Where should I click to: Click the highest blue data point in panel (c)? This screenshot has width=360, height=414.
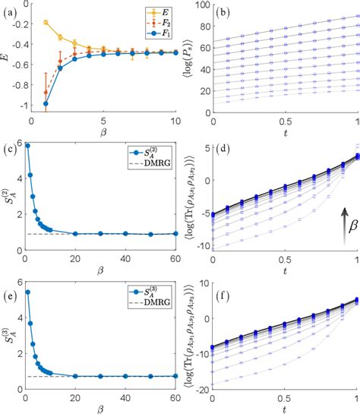pos(27,146)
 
